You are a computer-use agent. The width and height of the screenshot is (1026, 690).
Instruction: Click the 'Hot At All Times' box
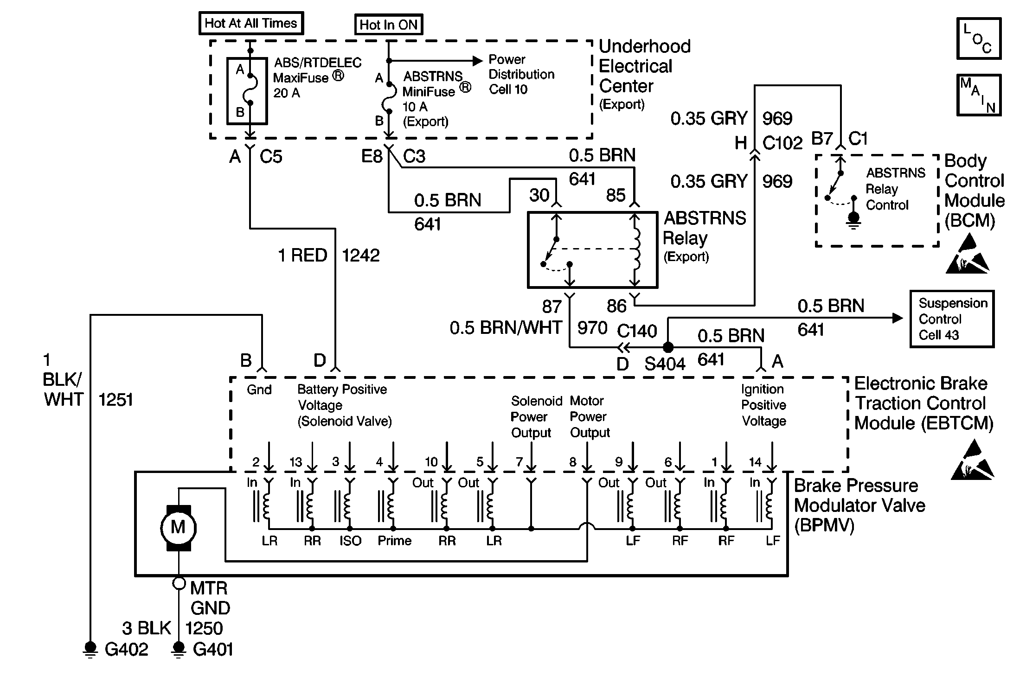click(x=251, y=23)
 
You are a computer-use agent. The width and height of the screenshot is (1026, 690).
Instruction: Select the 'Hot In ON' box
click(x=389, y=25)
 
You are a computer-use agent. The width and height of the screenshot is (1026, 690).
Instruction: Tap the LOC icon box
click(x=979, y=38)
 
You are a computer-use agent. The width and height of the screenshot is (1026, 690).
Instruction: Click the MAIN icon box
click(x=979, y=95)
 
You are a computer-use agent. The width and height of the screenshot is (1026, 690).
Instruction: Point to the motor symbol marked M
click(x=178, y=528)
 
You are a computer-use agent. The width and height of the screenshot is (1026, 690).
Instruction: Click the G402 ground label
click(x=126, y=649)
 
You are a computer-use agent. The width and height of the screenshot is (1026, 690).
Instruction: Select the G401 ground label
click(x=212, y=649)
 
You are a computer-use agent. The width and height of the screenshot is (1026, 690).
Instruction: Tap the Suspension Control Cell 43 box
click(x=952, y=319)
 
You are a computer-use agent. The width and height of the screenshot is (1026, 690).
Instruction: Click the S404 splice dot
click(x=668, y=347)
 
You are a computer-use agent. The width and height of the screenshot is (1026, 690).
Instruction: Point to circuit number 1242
click(x=361, y=256)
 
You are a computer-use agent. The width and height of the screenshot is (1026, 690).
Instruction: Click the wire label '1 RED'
click(x=302, y=256)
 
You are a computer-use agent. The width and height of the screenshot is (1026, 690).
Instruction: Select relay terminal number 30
click(x=539, y=195)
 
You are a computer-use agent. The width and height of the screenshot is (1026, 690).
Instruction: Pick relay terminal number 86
click(x=616, y=306)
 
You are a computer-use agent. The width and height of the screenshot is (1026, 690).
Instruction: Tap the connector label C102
click(x=782, y=143)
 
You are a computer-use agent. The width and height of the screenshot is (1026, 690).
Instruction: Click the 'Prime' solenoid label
click(x=395, y=541)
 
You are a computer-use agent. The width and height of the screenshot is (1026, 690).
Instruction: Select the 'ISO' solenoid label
click(x=350, y=541)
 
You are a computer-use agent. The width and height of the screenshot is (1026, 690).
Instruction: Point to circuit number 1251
click(x=115, y=400)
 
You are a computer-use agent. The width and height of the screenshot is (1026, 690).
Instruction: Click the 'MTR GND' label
click(x=210, y=598)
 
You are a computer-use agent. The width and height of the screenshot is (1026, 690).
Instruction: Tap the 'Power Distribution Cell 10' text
click(x=521, y=74)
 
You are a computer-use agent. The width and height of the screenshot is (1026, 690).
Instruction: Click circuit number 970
click(x=592, y=328)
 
